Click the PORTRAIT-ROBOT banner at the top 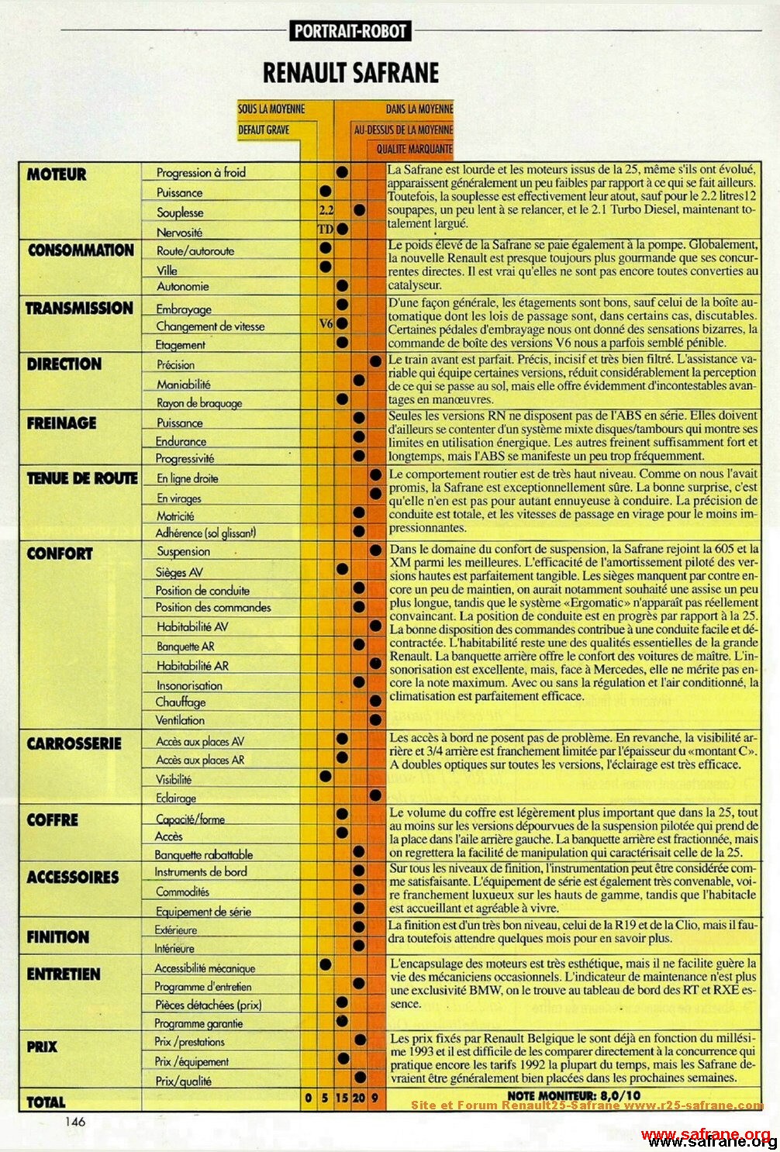click(x=350, y=31)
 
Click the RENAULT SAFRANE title click(x=350, y=73)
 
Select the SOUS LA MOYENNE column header click(x=271, y=109)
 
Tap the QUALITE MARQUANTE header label click(x=415, y=148)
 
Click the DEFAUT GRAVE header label click(x=264, y=129)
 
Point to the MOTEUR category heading click(x=57, y=174)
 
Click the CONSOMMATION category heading click(x=81, y=250)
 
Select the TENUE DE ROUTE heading click(x=82, y=478)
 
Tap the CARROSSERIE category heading click(x=74, y=743)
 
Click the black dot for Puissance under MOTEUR click(x=326, y=191)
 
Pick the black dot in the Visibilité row click(x=326, y=776)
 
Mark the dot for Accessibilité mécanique click(x=326, y=964)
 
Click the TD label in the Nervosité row click(x=325, y=229)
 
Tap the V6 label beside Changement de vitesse click(x=326, y=324)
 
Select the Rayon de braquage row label click(x=199, y=403)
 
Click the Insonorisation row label click(x=189, y=685)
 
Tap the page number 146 click(x=75, y=1121)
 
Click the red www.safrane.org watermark click(x=706, y=1134)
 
